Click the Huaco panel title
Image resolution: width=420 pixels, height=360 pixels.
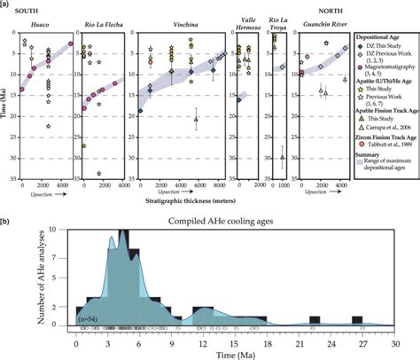point(40,27)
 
